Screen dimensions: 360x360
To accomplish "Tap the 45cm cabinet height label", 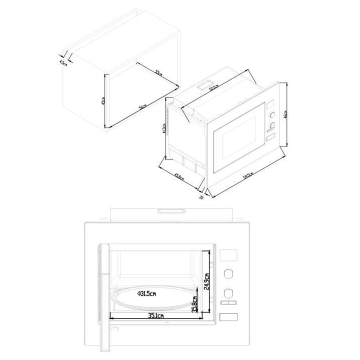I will click(102, 100).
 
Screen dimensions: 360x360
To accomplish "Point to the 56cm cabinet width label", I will click(142, 106).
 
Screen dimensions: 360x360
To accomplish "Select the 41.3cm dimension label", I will click(164, 130).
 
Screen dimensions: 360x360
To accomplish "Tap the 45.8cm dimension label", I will click(179, 177).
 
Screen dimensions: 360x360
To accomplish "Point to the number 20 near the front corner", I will click(201, 197).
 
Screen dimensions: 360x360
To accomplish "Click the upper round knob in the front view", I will click(229, 273).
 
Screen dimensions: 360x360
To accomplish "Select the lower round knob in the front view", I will click(229, 292).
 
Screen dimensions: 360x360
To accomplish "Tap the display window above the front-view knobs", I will click(229, 255).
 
